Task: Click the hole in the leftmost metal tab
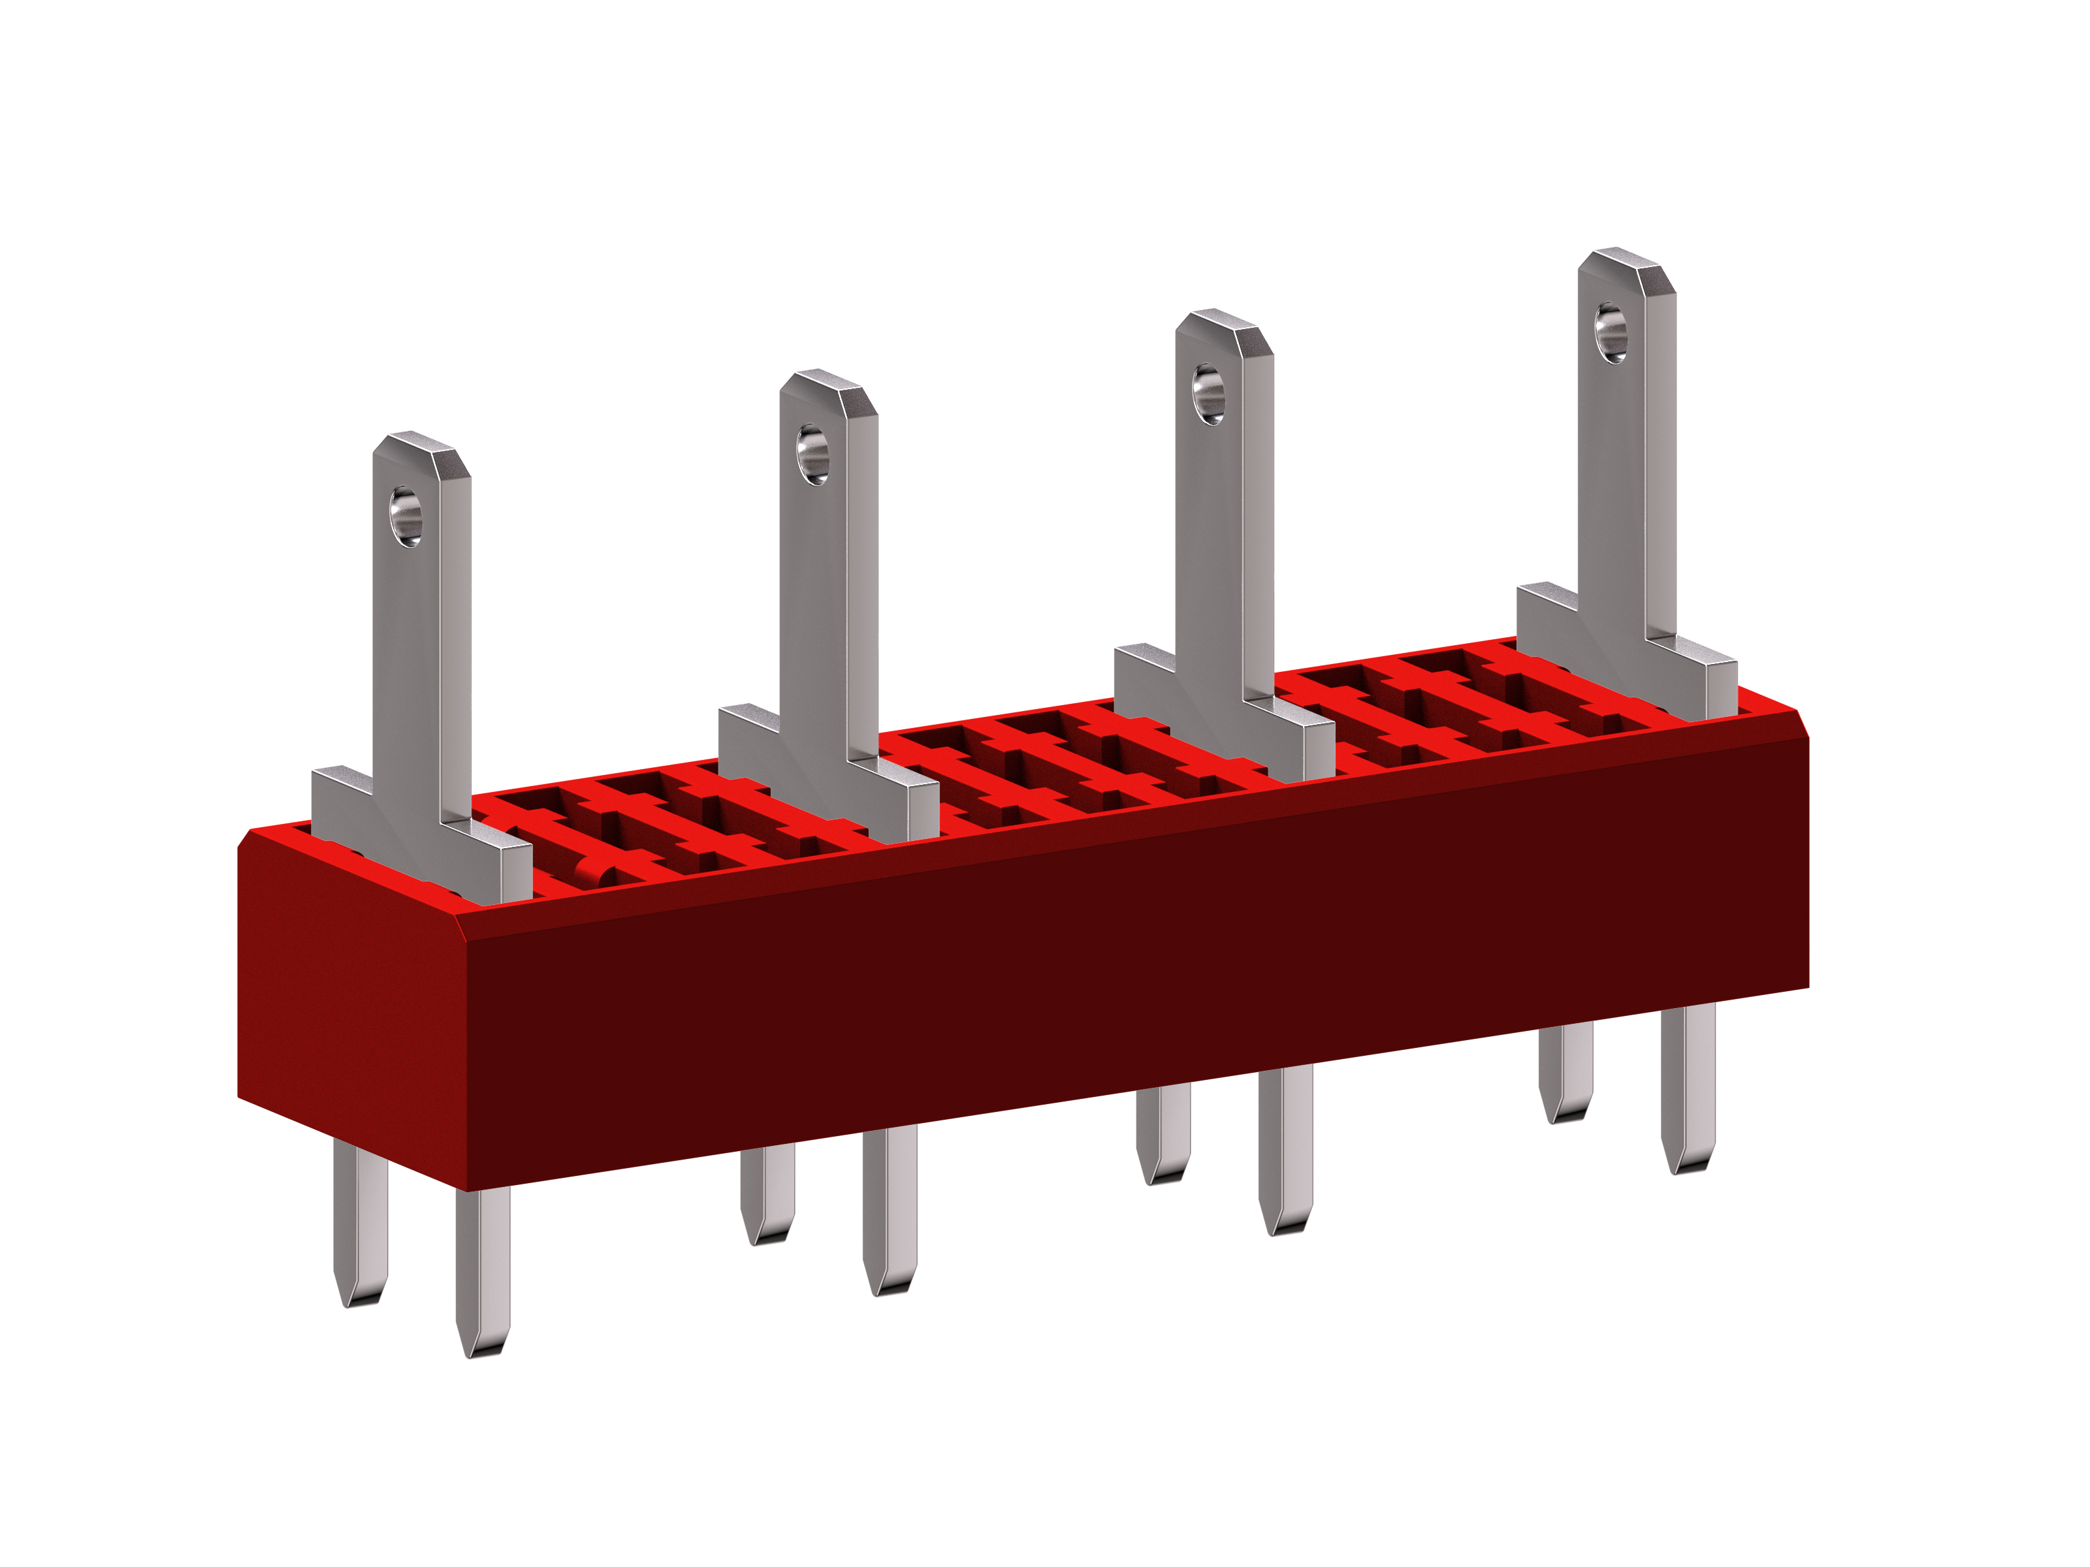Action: pos(406,516)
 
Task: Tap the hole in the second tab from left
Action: pos(812,455)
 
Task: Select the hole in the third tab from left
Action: pos(1208,394)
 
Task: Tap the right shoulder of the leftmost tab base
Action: pos(491,855)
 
